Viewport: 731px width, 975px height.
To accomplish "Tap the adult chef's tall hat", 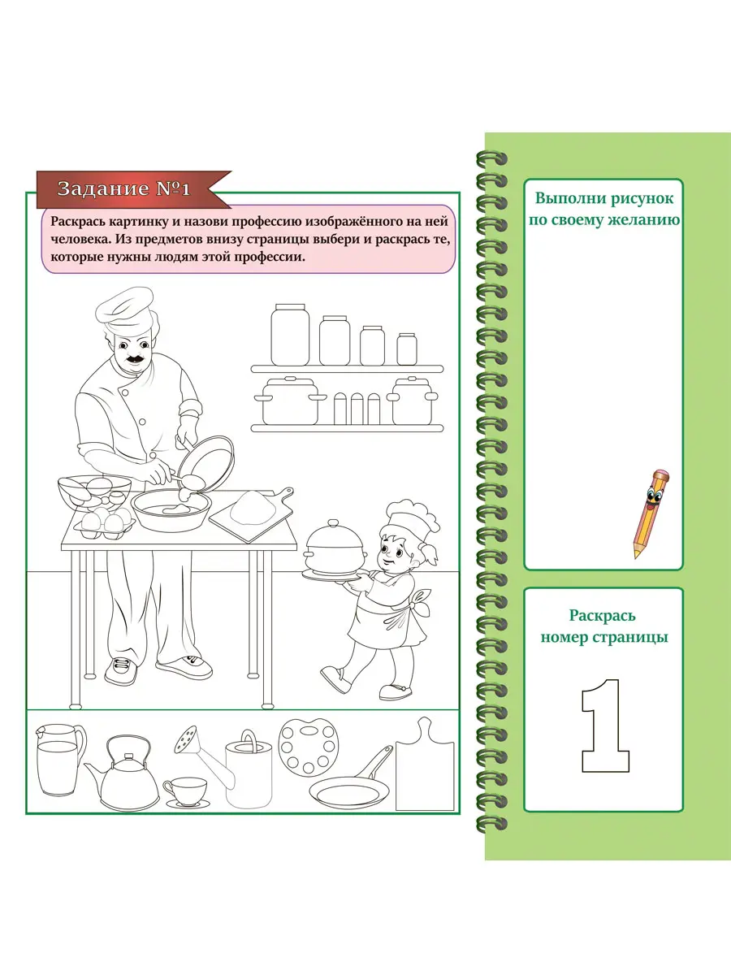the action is pos(125,310).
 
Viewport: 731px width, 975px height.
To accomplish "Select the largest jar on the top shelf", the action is pos(290,335).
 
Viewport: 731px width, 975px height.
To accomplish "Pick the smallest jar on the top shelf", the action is pos(407,349).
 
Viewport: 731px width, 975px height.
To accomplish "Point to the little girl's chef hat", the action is pos(409,521).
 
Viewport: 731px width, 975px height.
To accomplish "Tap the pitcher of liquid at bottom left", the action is pos(60,759).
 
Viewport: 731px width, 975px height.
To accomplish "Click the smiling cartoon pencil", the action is pos(651,514).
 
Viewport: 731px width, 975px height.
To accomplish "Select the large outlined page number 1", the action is pos(605,726).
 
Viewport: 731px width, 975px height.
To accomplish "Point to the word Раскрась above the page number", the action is pos(603,616).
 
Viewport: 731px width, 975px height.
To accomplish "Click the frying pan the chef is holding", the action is pos(206,462).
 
